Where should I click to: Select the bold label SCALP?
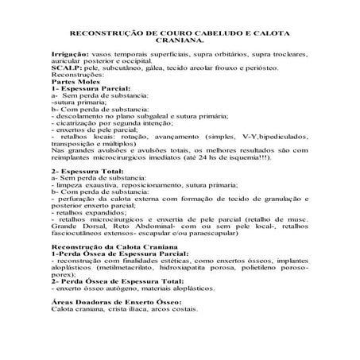pyautogui.click(x=63, y=70)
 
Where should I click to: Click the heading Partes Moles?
pyautogui.click(x=73, y=83)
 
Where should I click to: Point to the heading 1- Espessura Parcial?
pyautogui.click(x=86, y=89)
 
